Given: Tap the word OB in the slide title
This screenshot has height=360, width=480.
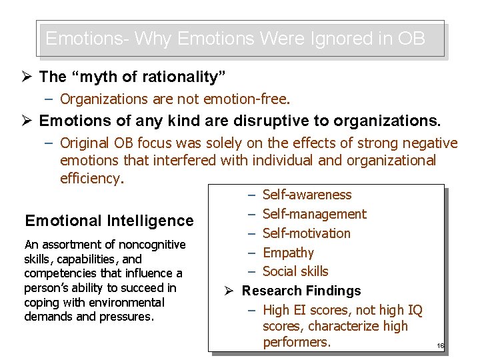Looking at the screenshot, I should click(410, 38).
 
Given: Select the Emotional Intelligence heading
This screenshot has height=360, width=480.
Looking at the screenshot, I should click(109, 221).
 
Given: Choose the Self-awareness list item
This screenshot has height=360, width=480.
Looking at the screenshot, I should click(307, 195).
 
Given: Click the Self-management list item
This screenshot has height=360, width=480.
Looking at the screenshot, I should click(314, 214).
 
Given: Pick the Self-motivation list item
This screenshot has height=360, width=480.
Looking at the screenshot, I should click(306, 233).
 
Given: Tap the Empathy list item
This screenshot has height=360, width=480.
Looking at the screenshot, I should click(288, 253).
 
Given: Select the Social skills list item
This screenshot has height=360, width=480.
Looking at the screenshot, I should click(295, 271).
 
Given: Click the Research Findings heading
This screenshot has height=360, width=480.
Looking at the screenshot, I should click(301, 291).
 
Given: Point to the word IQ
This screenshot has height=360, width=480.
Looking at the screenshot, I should click(413, 310).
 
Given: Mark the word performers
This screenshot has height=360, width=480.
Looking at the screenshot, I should click(297, 343).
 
